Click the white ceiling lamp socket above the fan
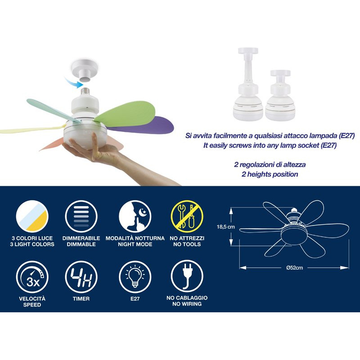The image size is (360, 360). point(84,70)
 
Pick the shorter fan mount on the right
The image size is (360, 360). point(280,95)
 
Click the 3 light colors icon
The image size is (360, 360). point(32,216)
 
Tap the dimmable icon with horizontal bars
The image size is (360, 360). point(81,216)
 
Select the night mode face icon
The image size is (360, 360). point(135,216)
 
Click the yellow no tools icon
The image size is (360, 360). point(187,216)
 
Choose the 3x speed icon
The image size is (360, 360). point(32,277)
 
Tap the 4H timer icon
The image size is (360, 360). point(81,277)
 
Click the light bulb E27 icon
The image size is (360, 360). point(135,277)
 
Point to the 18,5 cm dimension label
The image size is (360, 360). point(226,227)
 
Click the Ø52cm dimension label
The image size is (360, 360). point(295,268)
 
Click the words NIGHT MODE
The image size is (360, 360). point(135,244)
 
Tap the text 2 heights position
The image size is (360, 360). point(270,174)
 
